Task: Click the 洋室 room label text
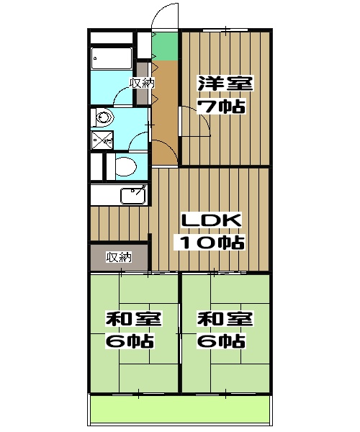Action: [225, 84]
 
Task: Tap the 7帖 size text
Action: [222, 107]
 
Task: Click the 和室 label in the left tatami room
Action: [133, 319]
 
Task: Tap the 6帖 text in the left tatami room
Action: [131, 341]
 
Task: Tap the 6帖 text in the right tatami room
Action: [222, 341]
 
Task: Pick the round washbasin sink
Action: [102, 117]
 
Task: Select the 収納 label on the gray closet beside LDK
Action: [119, 257]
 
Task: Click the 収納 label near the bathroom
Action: [142, 83]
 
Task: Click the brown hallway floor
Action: [166, 101]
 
